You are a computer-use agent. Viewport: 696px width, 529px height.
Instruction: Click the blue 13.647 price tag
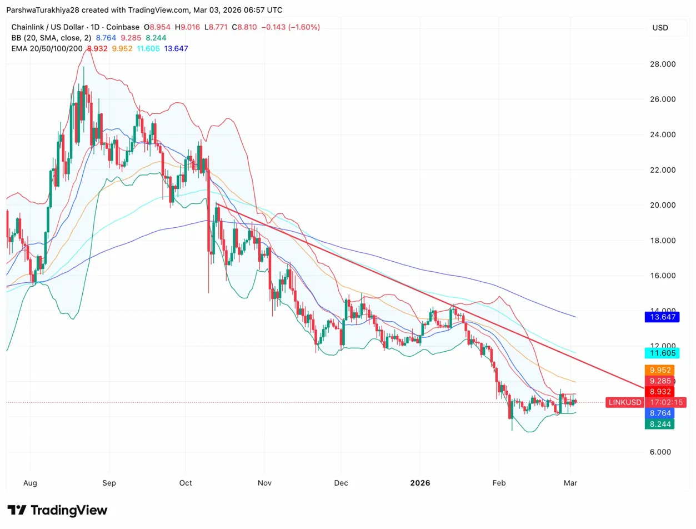[658, 317]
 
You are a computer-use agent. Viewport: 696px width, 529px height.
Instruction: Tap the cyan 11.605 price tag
[658, 353]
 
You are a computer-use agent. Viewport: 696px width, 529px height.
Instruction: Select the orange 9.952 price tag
[658, 370]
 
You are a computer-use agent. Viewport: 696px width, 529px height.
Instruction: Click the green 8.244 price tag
[658, 424]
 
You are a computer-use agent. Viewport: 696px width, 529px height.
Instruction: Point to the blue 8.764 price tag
[658, 413]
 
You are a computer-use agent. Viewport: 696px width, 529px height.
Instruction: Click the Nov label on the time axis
[264, 483]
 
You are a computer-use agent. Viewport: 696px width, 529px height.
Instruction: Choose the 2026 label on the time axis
[420, 483]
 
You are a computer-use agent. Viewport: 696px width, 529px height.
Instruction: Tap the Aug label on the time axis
[30, 483]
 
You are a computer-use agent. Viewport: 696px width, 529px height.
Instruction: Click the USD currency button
[660, 28]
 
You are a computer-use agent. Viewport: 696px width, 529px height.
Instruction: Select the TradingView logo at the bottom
[57, 510]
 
